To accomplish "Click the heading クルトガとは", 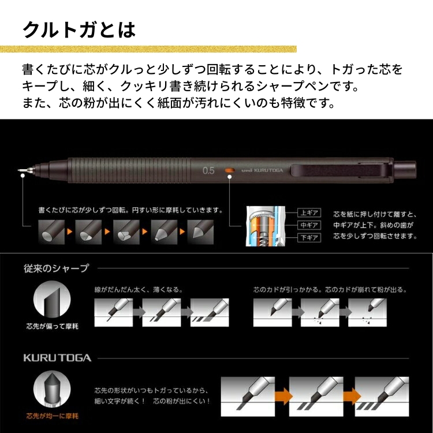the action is tap(79, 29).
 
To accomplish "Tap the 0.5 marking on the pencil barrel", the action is tap(208, 170).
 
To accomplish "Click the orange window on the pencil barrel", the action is tap(230, 170).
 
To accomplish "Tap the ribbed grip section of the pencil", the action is tap(130, 170).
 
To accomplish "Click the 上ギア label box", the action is tap(309, 213).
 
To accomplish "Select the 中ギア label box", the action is tap(309, 225).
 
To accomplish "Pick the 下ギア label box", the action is tap(309, 237).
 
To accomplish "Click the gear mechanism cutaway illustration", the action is tap(266, 226).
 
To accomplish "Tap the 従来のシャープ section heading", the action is tap(56, 268).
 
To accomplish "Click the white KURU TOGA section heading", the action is tap(57, 358).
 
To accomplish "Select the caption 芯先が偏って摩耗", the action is tap(52, 326).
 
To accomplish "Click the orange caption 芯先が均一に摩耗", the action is tap(52, 416).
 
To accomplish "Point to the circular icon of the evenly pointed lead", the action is tap(52, 389).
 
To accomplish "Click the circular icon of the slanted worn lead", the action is tap(52, 300).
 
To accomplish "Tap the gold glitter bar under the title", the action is tap(148, 49).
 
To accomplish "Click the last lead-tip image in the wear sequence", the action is tap(200, 232).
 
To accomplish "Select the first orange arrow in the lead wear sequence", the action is tap(70, 232).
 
